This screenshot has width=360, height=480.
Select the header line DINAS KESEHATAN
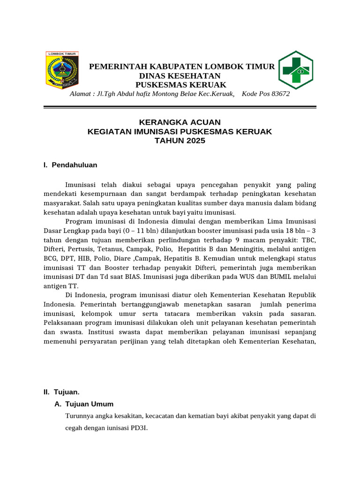180,76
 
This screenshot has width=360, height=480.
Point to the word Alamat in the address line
81,94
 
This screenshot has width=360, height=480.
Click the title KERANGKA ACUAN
180,122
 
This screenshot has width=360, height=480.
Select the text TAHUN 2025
180,141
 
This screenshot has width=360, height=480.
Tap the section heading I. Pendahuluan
70,165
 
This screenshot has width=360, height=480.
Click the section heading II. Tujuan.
61,392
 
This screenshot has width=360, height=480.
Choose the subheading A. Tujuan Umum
84,404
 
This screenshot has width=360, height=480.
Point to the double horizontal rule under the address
180,108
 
